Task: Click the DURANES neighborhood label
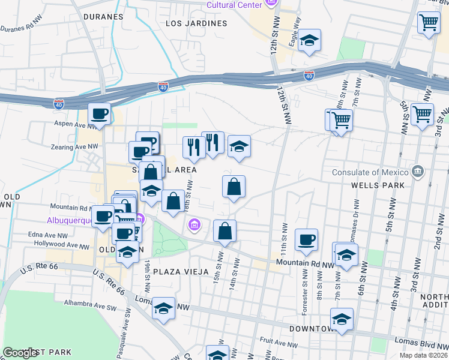[x=103, y=17]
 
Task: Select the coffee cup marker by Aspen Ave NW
[x=100, y=113]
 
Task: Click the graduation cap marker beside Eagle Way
[x=310, y=40]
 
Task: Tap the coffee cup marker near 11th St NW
[x=306, y=239]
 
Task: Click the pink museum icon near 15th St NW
[x=194, y=226]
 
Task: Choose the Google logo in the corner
[x=20, y=353]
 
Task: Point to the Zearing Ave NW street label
[x=75, y=146]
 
